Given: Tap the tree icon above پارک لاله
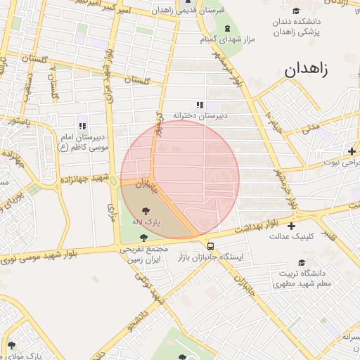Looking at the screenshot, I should (x=146, y=210).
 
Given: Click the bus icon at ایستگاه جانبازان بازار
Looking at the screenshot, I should (x=210, y=245).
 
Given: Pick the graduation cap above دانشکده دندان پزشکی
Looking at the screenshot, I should (x=295, y=11).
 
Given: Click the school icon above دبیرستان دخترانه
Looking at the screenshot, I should (x=200, y=105).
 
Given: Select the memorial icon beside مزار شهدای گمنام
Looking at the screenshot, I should (x=226, y=28).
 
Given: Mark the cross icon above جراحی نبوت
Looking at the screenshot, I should (x=351, y=151).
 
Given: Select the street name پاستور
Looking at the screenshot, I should (x=16, y=122).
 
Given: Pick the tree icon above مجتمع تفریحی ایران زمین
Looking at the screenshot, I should (x=144, y=238).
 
